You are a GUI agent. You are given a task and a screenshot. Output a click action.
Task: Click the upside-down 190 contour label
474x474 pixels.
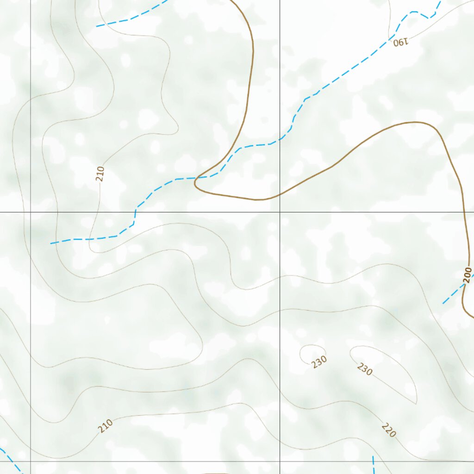point(401,42)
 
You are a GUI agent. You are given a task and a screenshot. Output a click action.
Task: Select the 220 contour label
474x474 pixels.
point(389,430)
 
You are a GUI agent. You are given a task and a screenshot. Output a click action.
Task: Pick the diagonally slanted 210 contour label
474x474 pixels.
point(106,425)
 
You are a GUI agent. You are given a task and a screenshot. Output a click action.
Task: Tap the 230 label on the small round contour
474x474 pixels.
point(319,362)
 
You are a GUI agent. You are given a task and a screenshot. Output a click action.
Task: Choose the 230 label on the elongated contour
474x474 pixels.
point(365,369)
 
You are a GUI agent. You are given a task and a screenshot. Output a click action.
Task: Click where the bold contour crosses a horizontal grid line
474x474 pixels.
point(465,212)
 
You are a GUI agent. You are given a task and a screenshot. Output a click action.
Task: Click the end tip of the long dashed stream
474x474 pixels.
point(51,243)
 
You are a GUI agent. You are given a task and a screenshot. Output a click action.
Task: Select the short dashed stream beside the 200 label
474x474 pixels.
point(453,294)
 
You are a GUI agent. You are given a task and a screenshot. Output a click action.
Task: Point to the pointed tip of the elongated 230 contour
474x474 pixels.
point(415,402)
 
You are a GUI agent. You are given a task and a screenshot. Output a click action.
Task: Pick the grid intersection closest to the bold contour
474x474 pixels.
point(280,212)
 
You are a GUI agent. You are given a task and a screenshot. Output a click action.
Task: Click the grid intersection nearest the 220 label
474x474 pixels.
point(280,461)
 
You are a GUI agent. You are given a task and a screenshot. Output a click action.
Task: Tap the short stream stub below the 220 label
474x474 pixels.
point(374,465)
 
